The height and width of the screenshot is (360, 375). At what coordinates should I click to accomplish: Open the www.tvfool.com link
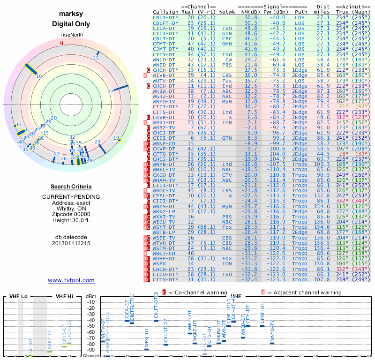pyautogui.click(x=71, y=280)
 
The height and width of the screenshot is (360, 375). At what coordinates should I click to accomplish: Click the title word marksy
pyautogui.click(x=71, y=15)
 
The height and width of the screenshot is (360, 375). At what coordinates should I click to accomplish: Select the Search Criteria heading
pyautogui.click(x=71, y=187)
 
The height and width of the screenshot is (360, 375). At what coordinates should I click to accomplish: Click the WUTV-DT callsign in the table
pyautogui.click(x=164, y=81)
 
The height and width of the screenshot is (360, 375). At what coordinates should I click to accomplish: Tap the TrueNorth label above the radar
pyautogui.click(x=71, y=36)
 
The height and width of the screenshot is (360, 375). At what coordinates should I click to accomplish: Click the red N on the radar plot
pyautogui.click(x=61, y=44)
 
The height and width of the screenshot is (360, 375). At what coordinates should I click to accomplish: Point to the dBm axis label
pyautogui.click(x=91, y=296)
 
